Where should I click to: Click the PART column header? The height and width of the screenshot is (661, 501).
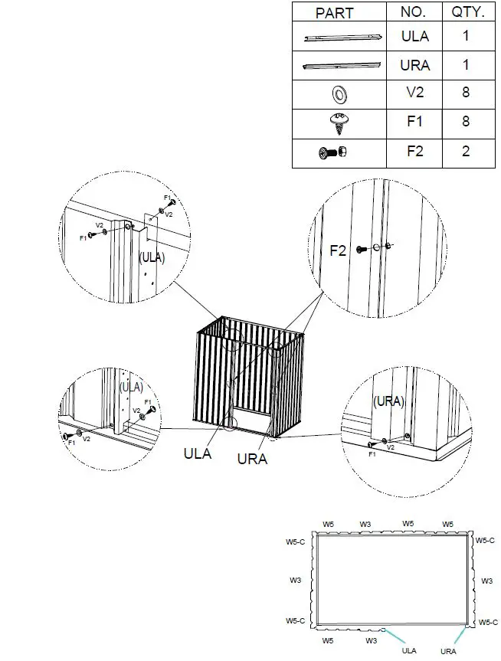tap(334, 13)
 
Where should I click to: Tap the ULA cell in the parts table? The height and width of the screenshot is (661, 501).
tap(414, 36)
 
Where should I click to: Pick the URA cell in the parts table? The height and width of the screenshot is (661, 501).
tap(414, 65)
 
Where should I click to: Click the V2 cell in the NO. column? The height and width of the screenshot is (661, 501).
tap(414, 93)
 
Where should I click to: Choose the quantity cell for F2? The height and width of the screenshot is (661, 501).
tap(465, 151)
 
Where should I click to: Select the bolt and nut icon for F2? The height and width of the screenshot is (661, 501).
tap(335, 152)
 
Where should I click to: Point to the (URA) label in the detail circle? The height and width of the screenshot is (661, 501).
tap(388, 401)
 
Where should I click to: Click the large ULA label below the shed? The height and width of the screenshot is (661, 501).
tap(197, 453)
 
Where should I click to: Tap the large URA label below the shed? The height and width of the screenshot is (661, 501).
tap(252, 459)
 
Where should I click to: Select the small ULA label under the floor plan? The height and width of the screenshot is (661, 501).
tap(410, 651)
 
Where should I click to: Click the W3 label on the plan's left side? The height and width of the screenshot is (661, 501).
tap(295, 581)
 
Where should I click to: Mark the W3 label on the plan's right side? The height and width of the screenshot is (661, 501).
tap(486, 581)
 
